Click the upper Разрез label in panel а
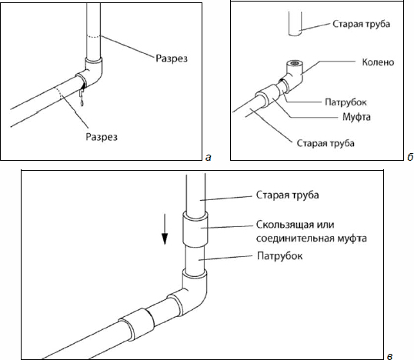click(x=172, y=58)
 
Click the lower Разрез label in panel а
click(x=102, y=137)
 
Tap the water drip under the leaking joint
click(x=82, y=97)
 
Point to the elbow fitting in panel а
click(x=91, y=72)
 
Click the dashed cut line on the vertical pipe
click(x=93, y=37)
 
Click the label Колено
click(x=378, y=62)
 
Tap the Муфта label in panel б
click(x=356, y=117)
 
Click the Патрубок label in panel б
click(x=346, y=102)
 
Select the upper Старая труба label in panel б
click(x=361, y=24)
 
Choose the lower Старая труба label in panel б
click(x=326, y=143)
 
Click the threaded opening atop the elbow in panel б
click(x=295, y=63)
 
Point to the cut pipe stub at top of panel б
click(x=295, y=24)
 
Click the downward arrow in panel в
click(x=165, y=229)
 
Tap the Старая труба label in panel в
click(x=288, y=195)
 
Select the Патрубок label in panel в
click(x=280, y=256)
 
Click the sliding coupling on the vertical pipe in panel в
click(x=195, y=229)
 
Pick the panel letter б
click(x=410, y=157)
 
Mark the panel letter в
click(x=389, y=357)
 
